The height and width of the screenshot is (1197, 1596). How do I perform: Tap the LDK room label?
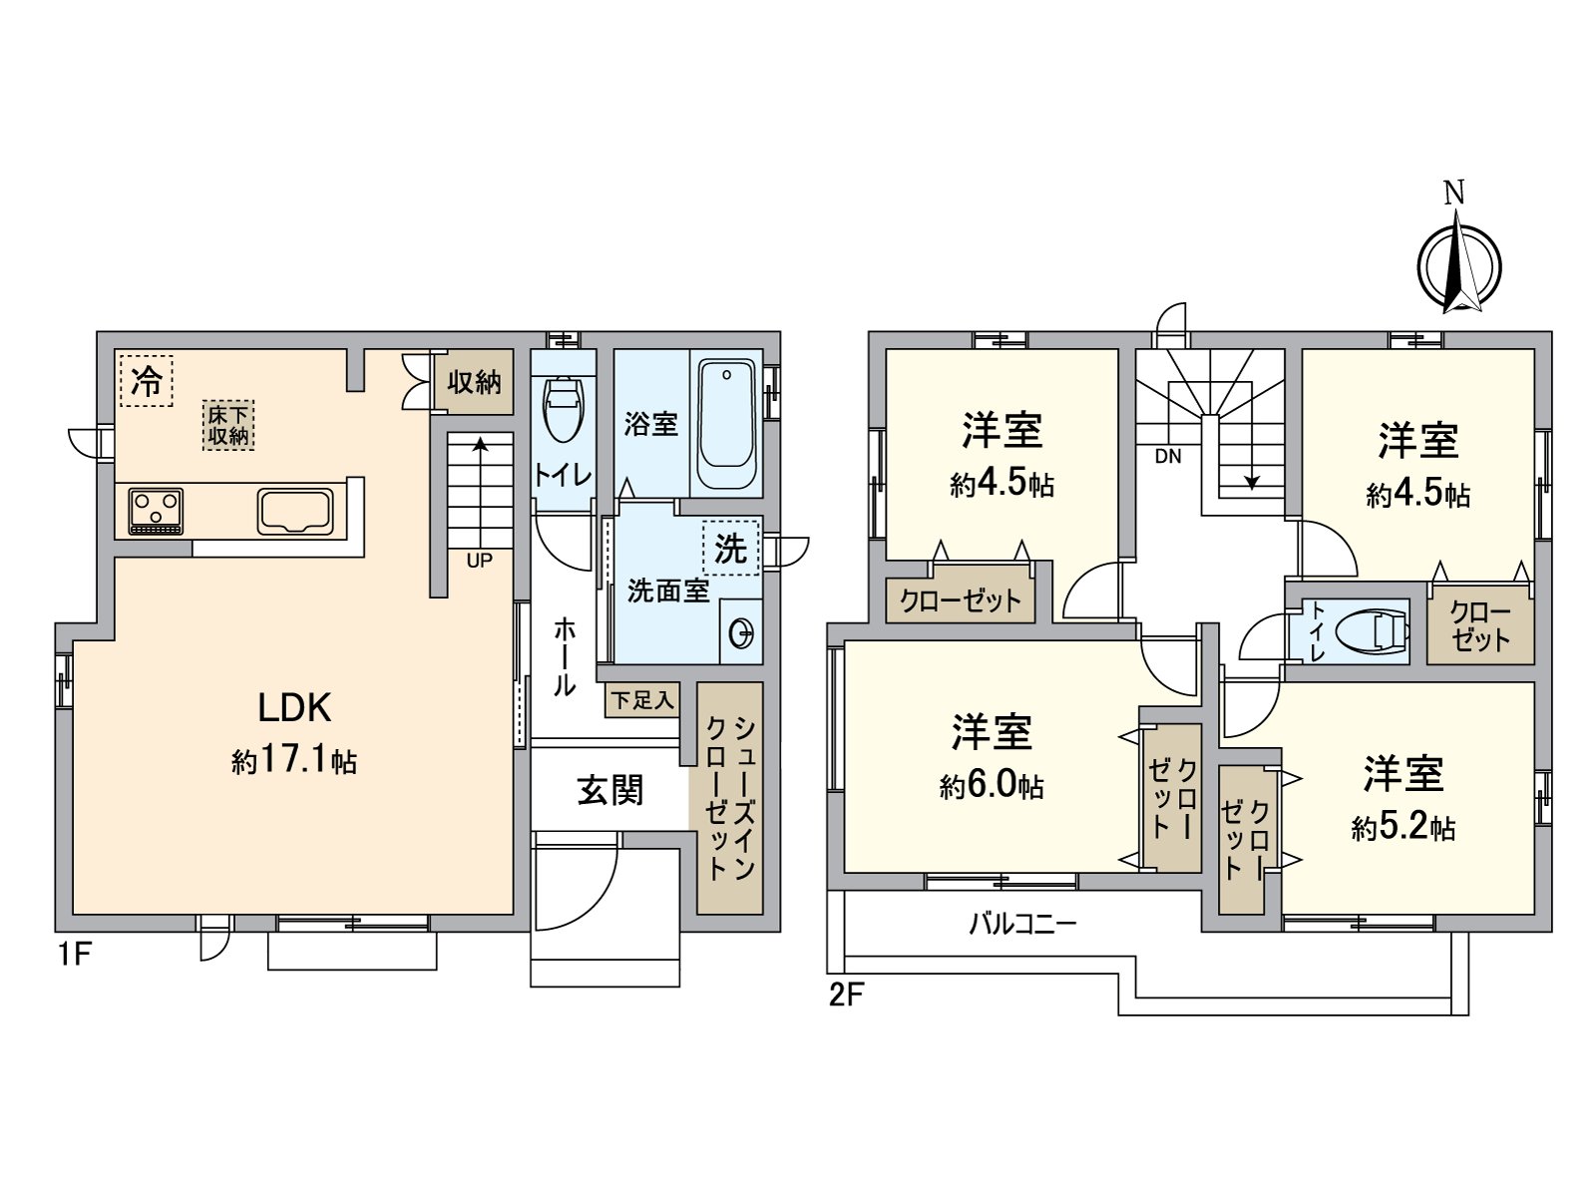294,708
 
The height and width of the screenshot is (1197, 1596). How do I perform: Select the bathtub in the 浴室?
726,424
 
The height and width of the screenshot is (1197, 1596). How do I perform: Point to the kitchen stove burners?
157,510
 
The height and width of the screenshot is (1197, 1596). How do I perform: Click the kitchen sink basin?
295,510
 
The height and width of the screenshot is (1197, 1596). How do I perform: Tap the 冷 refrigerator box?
147,381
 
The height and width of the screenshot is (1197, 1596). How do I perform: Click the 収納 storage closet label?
474,382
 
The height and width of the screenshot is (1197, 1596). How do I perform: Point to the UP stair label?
479,561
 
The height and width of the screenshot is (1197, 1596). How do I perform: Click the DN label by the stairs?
1168,458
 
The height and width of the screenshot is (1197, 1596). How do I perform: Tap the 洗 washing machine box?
730,548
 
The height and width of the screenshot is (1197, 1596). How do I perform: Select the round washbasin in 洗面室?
741,632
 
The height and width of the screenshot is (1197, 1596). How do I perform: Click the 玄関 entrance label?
610,791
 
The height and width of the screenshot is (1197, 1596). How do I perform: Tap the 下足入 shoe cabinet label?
642,700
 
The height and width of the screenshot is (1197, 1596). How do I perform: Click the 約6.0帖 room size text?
992,787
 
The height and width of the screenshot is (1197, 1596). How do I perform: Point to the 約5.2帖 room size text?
1403,828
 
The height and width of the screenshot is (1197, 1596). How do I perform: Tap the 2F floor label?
845,995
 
